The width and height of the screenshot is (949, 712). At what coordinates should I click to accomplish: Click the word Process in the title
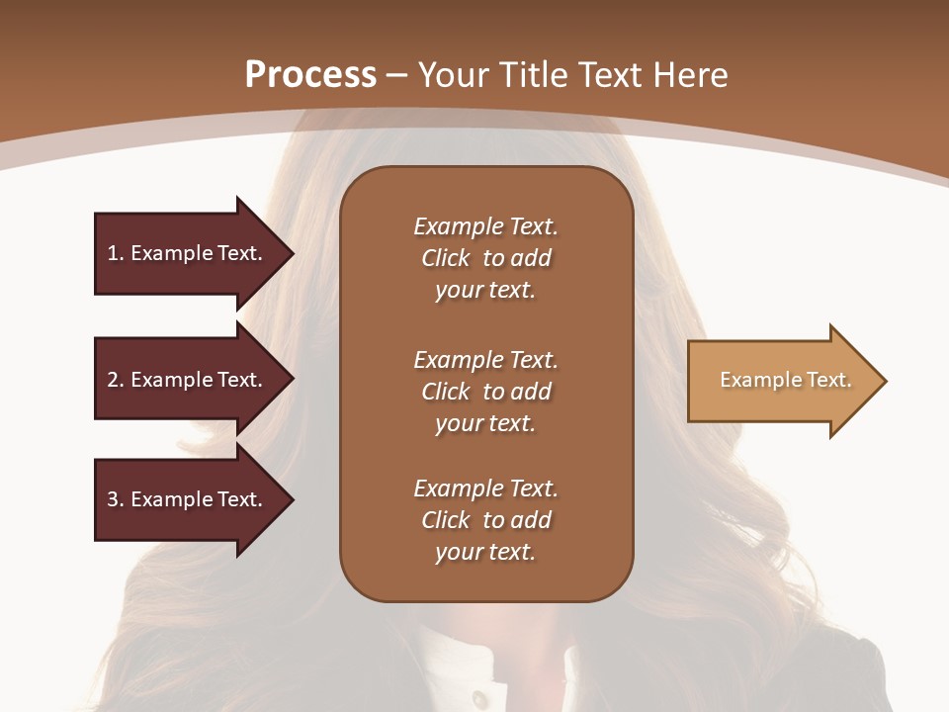click(x=310, y=75)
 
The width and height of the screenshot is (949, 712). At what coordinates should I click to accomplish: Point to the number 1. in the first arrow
click(x=116, y=253)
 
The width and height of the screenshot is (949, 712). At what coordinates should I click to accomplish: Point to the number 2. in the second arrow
click(x=116, y=380)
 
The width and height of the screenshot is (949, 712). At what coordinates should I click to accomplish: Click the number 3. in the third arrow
click(x=116, y=499)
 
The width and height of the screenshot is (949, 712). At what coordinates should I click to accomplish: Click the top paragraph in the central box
click(x=485, y=258)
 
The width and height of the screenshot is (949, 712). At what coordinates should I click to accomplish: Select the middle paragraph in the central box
click(x=485, y=392)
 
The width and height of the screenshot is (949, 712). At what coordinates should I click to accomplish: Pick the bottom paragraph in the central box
click(x=485, y=520)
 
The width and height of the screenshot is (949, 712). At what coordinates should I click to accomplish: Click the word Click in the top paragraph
click(x=446, y=258)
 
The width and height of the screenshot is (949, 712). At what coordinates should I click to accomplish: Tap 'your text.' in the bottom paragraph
click(x=485, y=552)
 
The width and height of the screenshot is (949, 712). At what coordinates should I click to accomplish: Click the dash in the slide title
click(x=396, y=75)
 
